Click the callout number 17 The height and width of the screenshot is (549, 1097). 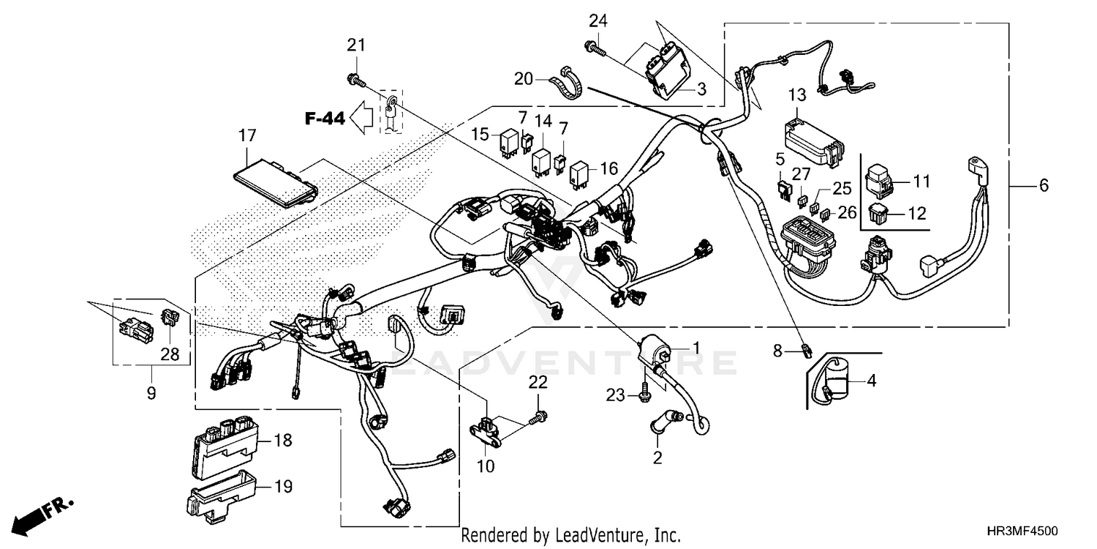[x=246, y=135]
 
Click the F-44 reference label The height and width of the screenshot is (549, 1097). [x=325, y=119]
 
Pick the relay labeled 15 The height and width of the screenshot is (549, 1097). [x=508, y=143]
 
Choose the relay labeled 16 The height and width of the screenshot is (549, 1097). [x=579, y=172]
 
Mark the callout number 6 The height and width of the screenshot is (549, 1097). [x=1044, y=186]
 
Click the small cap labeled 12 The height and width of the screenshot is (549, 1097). [x=880, y=214]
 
